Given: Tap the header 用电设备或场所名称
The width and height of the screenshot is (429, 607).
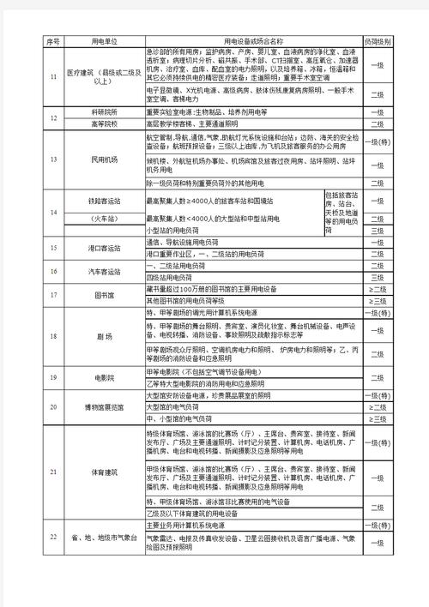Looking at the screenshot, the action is tap(253, 40).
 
